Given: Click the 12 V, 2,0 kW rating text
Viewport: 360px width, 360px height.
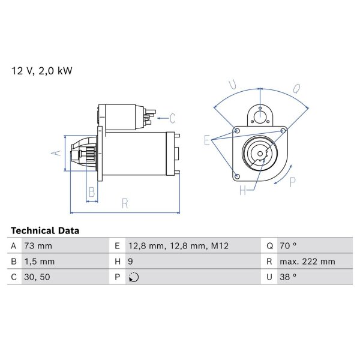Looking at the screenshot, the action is [x=42, y=71].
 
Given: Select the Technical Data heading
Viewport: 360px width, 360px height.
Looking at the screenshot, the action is [x=45, y=230].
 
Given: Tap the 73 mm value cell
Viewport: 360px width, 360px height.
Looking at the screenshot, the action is [x=38, y=246].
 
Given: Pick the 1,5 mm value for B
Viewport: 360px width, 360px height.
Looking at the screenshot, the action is [x=40, y=262].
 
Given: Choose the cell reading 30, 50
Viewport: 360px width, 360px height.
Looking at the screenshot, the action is [x=37, y=277].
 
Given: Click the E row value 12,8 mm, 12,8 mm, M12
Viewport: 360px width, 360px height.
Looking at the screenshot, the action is [x=178, y=246].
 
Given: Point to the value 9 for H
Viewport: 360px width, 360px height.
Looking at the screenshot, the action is [x=130, y=262].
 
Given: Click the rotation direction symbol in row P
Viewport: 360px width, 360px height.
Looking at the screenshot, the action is [x=134, y=277].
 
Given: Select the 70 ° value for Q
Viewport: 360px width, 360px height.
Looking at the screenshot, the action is [x=288, y=246].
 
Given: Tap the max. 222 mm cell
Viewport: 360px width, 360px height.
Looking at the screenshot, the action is [x=307, y=262].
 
